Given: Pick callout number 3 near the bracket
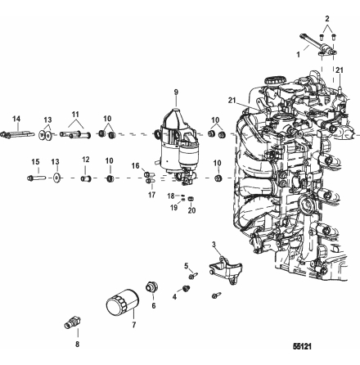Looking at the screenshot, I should (213, 245).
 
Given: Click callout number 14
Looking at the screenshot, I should (18, 119).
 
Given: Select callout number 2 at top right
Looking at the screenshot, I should (326, 16).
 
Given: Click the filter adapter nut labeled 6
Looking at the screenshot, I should (151, 287).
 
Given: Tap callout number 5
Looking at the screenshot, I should (186, 266).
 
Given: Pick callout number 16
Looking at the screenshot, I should (136, 164).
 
